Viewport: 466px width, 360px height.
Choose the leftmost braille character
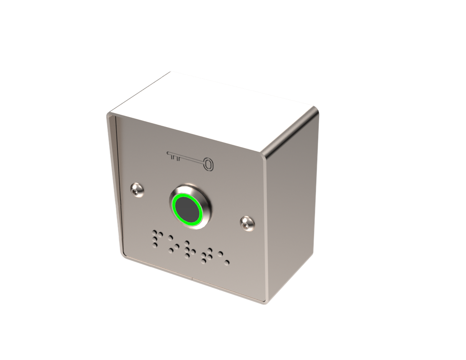(157, 238)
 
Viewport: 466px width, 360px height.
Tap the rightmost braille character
(223, 259)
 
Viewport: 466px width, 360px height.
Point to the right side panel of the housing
(291, 205)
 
